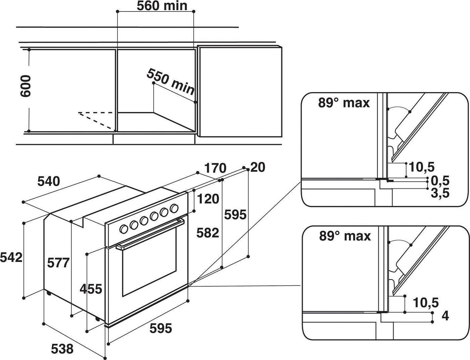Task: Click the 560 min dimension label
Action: click(162, 6)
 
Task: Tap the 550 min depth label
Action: click(171, 82)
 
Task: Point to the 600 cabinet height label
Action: click(26, 86)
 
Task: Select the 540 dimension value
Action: click(48, 181)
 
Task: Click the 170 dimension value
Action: click(215, 168)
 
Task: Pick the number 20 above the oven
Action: click(257, 167)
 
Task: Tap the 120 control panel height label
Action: click(208, 199)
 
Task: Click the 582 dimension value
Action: click(207, 233)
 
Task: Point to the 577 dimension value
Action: click(58, 263)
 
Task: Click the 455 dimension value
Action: click(91, 289)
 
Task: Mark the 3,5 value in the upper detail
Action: click(440, 193)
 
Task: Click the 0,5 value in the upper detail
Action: click(440, 181)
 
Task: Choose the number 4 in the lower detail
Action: click(445, 316)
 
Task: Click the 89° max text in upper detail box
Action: click(344, 103)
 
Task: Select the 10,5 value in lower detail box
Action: click(426, 303)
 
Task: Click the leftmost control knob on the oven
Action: click(124, 229)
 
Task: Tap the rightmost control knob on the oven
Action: click(174, 208)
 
